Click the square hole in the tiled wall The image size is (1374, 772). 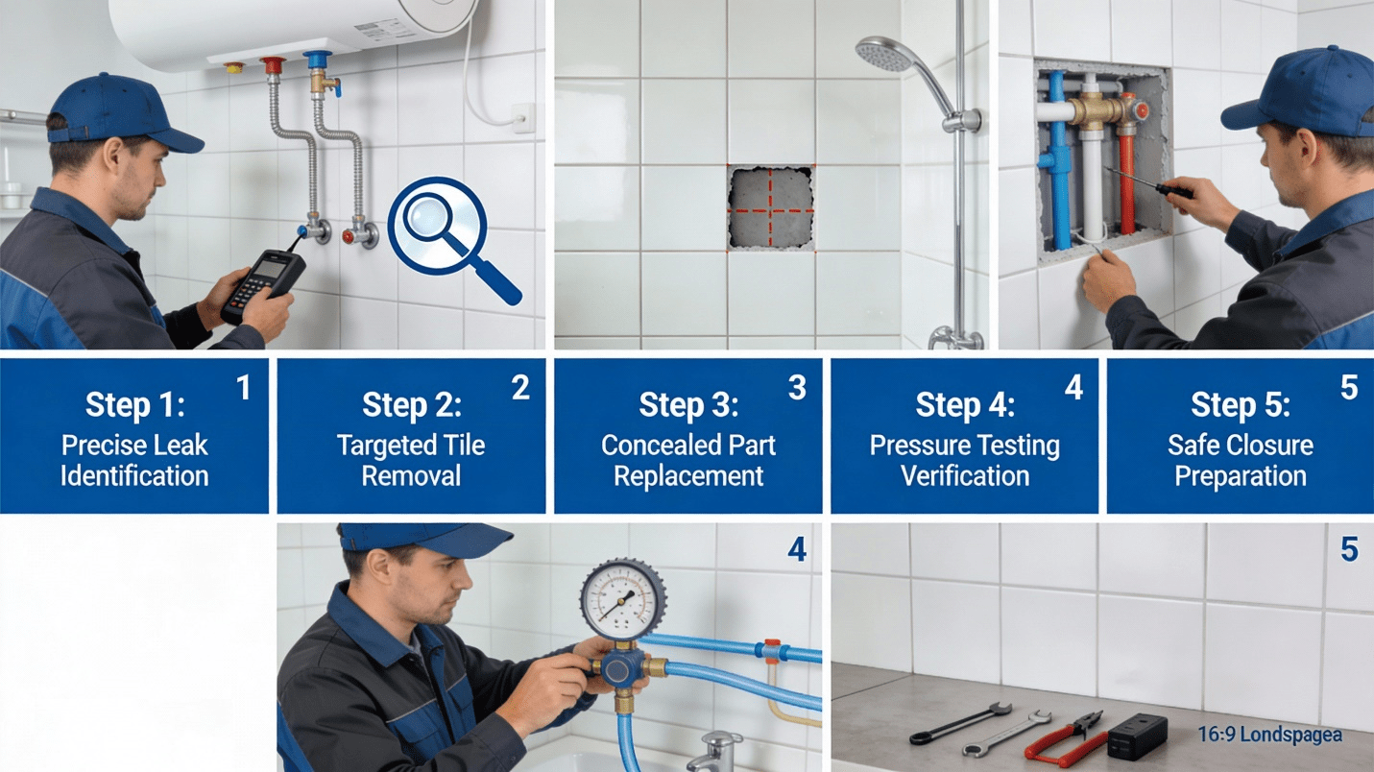(771, 207)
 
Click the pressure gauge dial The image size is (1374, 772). (622, 600)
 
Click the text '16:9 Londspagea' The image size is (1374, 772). (1269, 735)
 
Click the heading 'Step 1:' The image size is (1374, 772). (135, 404)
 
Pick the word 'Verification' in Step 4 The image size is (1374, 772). (965, 476)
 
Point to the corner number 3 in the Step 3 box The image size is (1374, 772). (797, 388)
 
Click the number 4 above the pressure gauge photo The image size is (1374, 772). (797, 549)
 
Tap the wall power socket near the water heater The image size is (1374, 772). (523, 118)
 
